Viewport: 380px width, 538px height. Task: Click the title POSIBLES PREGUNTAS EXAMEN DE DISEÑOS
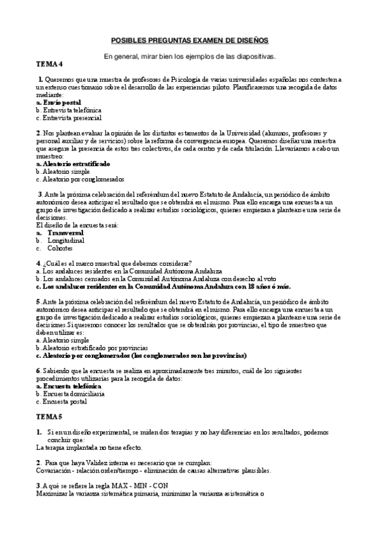tap(190, 39)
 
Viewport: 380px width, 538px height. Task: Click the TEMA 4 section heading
tap(49, 64)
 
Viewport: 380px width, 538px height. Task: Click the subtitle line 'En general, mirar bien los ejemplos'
tap(190, 56)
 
